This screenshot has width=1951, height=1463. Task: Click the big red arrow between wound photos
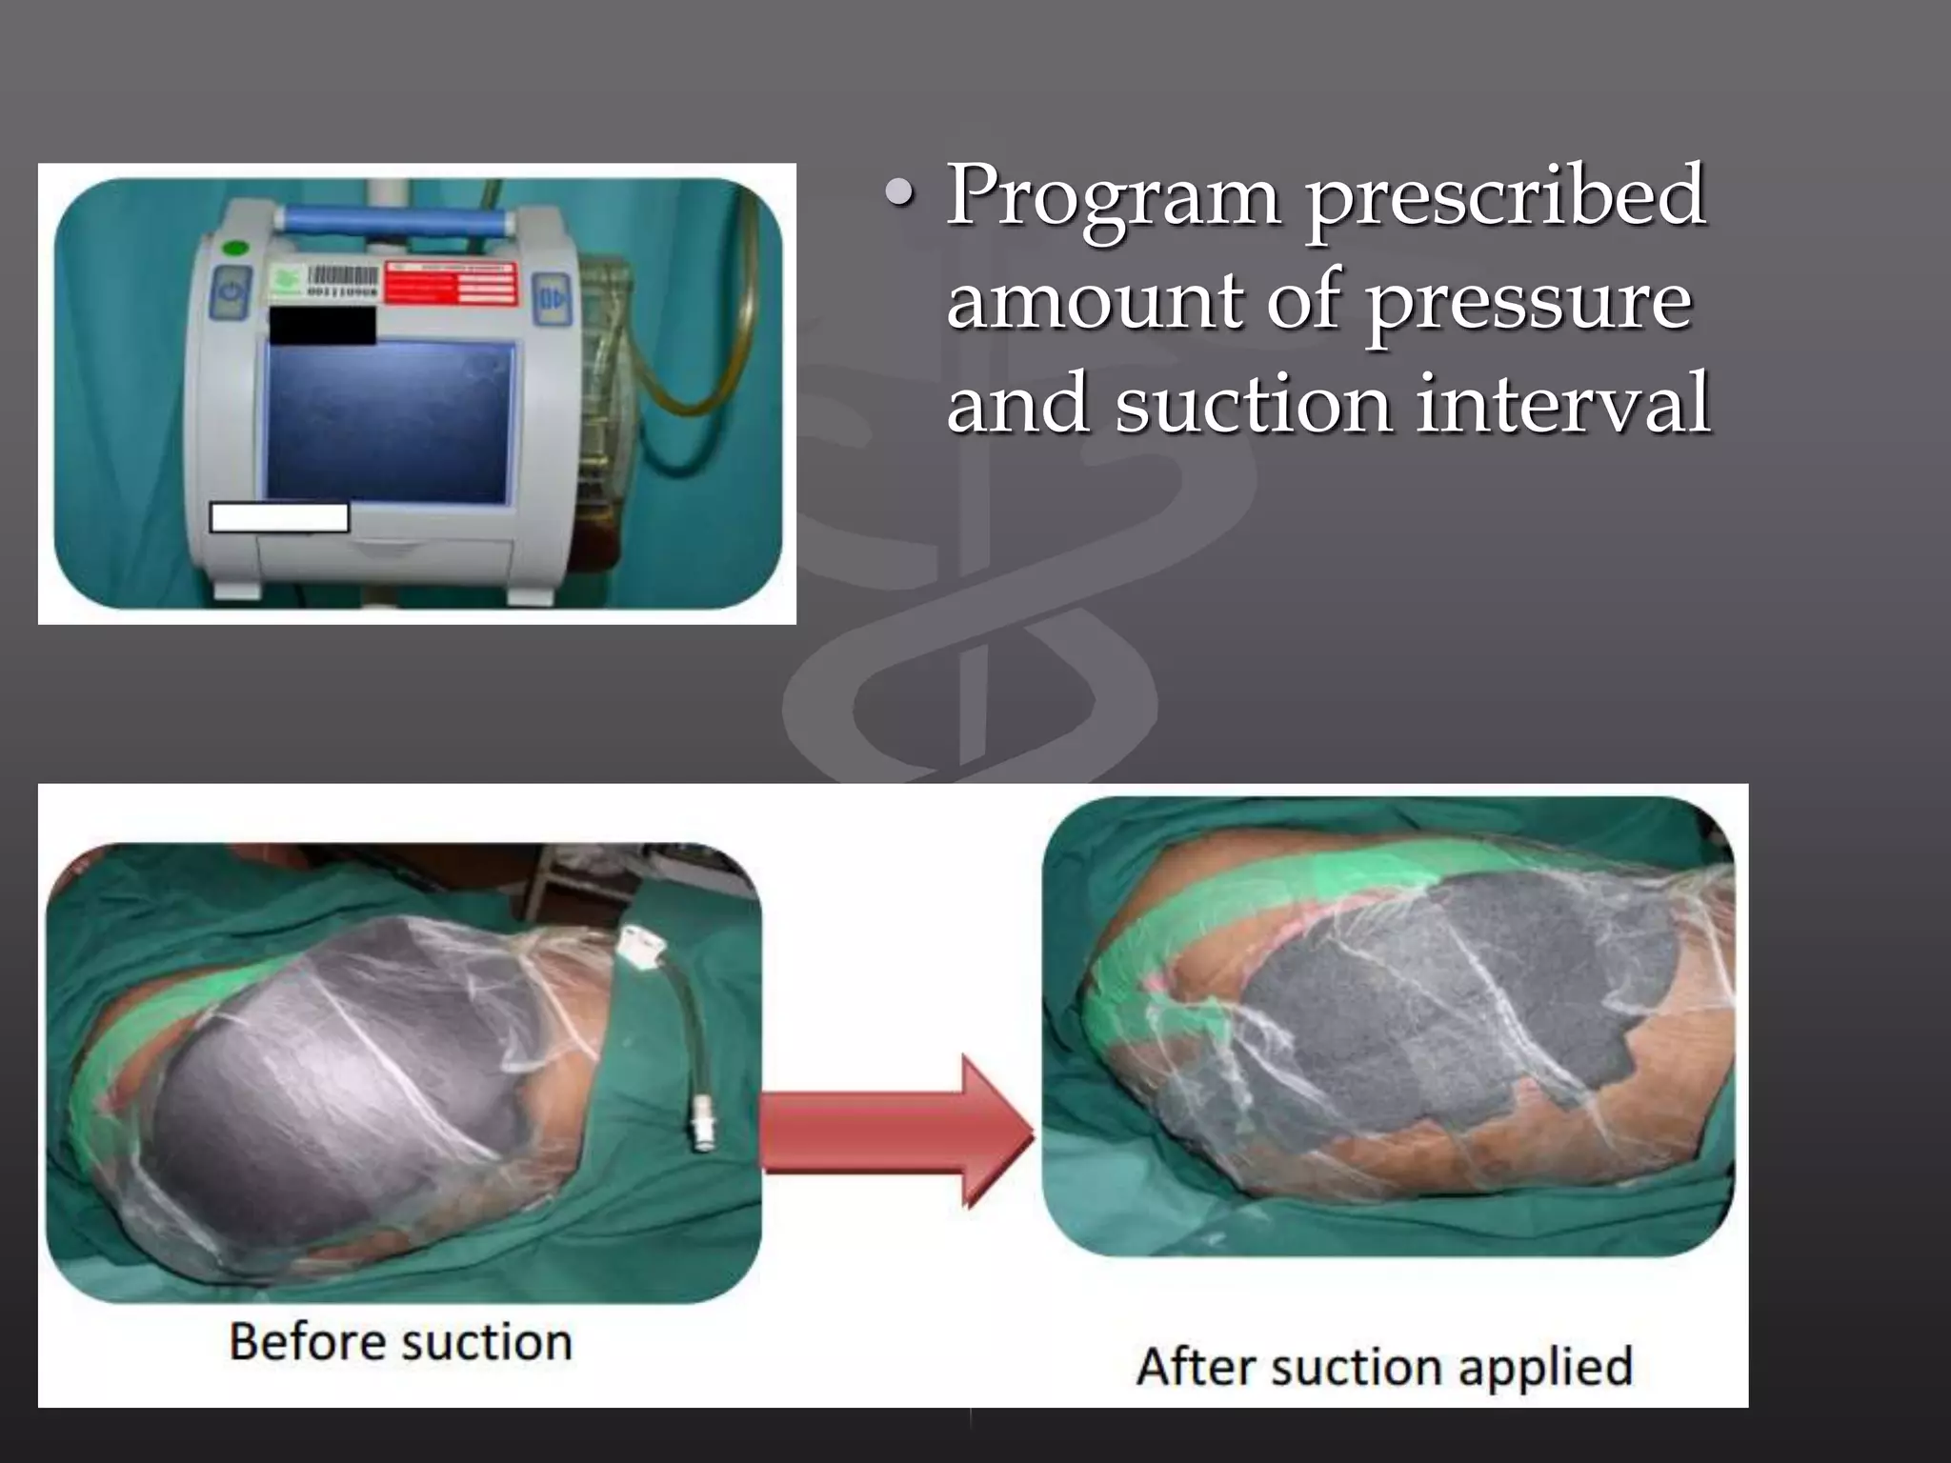(x=895, y=1132)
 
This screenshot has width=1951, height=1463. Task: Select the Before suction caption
(x=400, y=1343)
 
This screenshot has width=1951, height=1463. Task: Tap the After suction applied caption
(x=1384, y=1367)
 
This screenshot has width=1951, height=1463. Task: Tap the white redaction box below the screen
(x=279, y=517)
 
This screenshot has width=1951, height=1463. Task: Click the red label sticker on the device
(x=450, y=284)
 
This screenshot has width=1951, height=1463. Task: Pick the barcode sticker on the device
(x=341, y=283)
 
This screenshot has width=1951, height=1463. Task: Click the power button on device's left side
(x=231, y=291)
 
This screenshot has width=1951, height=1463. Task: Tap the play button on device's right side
(x=552, y=297)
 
